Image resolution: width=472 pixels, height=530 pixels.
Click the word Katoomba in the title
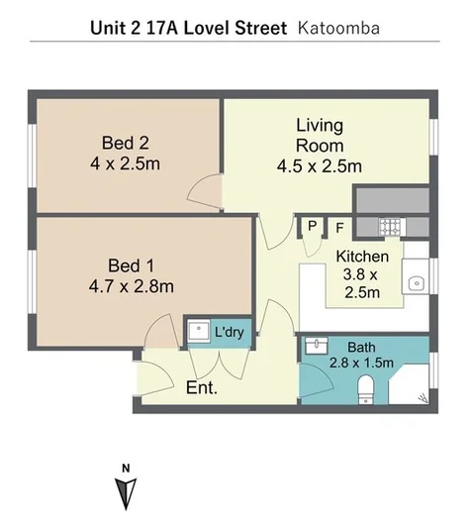point(338,29)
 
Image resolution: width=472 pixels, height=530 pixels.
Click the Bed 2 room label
point(126,143)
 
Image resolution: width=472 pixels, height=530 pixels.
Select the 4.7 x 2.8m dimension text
point(132,286)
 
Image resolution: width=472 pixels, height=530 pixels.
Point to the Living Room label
point(320,135)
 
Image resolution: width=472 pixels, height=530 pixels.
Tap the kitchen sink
point(417,283)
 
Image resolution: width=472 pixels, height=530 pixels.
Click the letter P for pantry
point(313,226)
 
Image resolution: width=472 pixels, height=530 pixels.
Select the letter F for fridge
point(339,228)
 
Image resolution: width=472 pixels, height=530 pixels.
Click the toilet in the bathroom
point(366,389)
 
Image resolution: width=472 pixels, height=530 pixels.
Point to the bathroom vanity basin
point(317,346)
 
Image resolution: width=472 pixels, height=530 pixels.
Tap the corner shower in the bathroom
point(410,384)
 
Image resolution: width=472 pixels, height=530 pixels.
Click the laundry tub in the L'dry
point(199,331)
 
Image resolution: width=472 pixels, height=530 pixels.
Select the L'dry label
point(230,332)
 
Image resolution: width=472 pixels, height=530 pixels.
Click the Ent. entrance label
point(202,388)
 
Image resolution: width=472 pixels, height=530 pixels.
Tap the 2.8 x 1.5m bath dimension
point(361,363)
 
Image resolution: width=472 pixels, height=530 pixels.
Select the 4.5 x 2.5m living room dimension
point(320,166)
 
